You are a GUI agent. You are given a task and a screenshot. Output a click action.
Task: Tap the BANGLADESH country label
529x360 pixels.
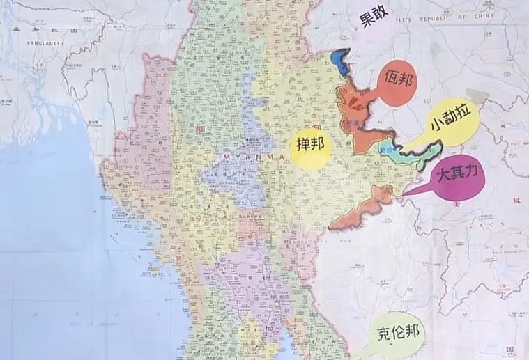pyautogui.click(x=45, y=42)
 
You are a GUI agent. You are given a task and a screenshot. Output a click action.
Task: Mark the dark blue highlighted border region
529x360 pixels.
pyautogui.click(x=341, y=61)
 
